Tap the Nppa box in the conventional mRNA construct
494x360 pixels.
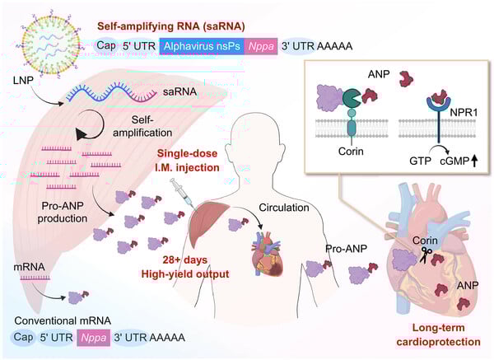pyautogui.click(x=97, y=339)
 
